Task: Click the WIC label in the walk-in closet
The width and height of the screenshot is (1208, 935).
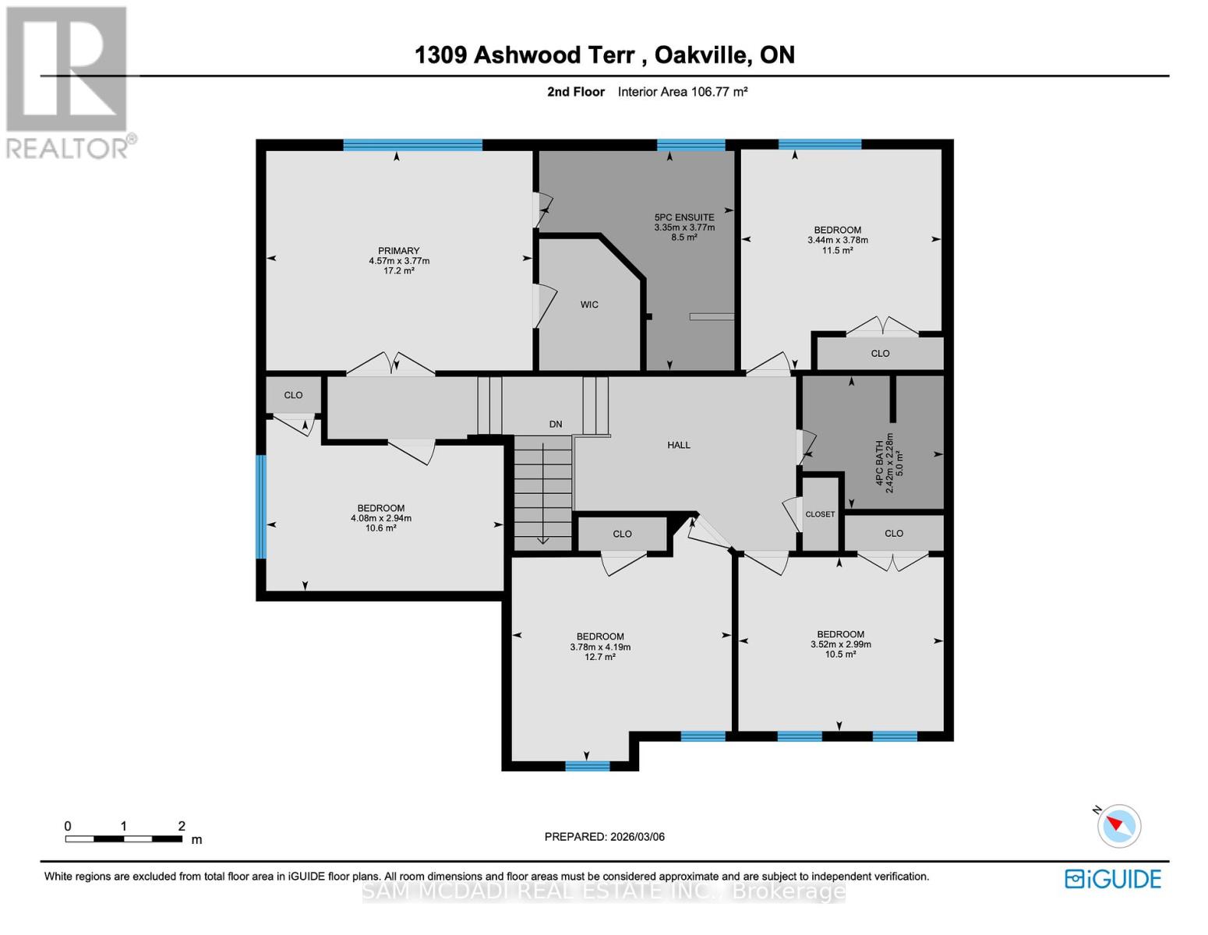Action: tap(589, 305)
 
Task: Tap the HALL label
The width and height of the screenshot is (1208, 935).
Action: tap(679, 445)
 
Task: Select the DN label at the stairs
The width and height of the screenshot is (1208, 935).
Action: tap(556, 424)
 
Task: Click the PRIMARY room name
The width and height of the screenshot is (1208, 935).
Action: tap(398, 251)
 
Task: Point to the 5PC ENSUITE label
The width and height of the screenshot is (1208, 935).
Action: tap(684, 217)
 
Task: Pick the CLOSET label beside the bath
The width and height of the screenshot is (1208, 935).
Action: tap(820, 514)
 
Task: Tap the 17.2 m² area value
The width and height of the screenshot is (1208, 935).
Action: tap(398, 270)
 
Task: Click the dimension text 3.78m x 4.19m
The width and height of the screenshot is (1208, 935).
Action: tap(600, 647)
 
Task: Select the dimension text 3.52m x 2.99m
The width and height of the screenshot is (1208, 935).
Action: tap(841, 644)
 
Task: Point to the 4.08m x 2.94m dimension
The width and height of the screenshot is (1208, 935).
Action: tap(381, 518)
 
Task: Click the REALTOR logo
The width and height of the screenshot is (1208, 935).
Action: tap(69, 83)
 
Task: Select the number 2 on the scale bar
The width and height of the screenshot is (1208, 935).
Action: tap(182, 826)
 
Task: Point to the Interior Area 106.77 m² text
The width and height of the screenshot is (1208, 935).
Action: tap(683, 92)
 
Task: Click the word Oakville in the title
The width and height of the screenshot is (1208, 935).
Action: tap(701, 55)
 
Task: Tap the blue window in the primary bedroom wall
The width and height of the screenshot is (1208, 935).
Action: tap(412, 145)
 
